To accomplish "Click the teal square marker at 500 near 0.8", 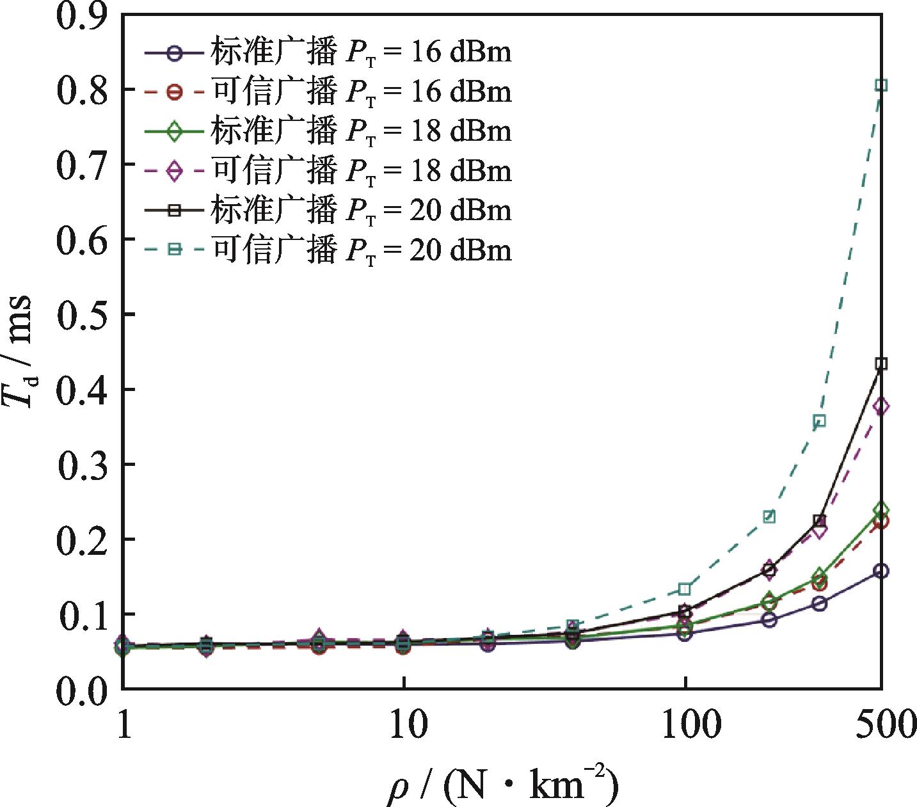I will (881, 85).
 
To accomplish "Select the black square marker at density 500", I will (881, 364).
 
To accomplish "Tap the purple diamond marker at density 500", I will (881, 406).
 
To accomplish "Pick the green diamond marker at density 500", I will (881, 510).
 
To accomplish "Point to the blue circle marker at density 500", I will (881, 571).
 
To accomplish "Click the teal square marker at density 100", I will (685, 589).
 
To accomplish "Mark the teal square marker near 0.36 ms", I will (819, 420).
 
